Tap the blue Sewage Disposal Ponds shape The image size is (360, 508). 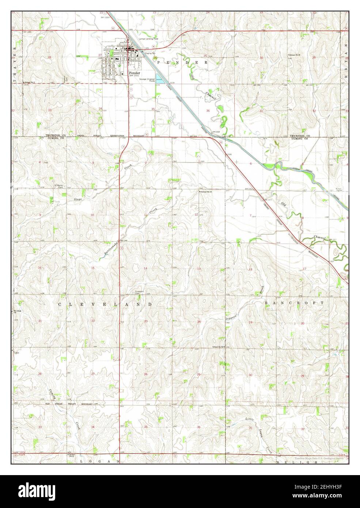pos(159,78)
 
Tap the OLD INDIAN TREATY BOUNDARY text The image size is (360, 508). pos(69,403)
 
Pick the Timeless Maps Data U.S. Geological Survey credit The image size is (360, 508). pos(319,458)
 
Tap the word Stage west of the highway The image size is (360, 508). pos(76,199)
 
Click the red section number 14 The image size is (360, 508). pos(145,269)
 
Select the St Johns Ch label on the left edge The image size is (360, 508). pos(15,312)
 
